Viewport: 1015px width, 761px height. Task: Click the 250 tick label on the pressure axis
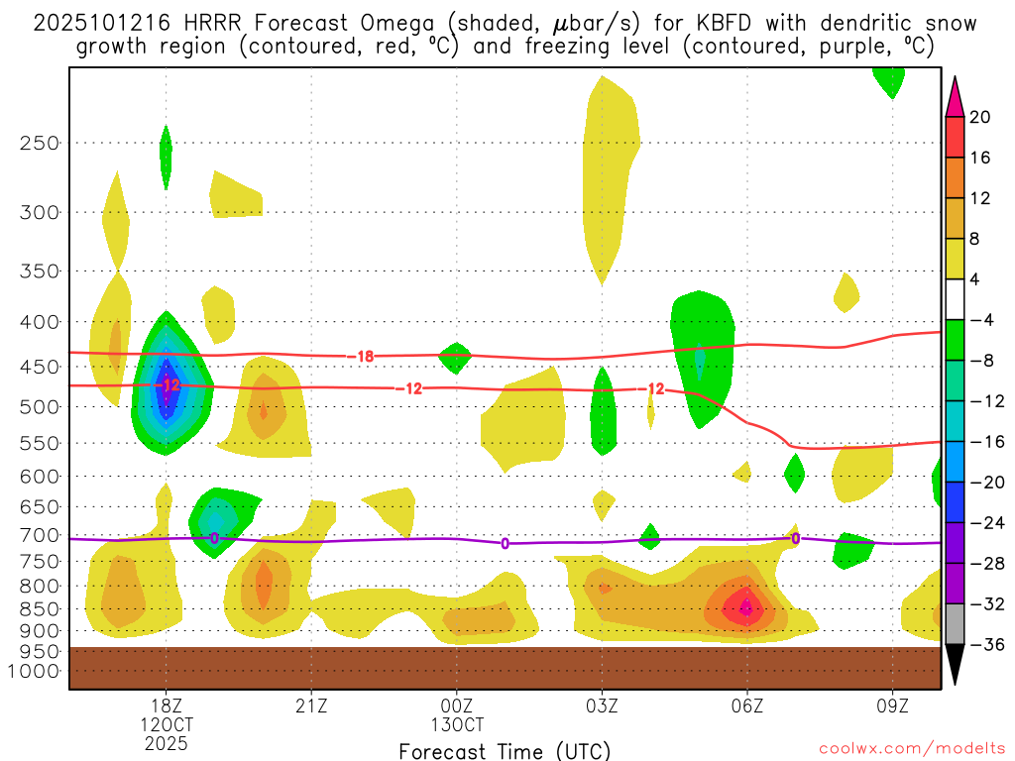coord(40,143)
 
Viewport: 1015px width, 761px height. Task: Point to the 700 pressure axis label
coord(40,535)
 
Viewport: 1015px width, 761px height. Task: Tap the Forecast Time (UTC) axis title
coord(505,750)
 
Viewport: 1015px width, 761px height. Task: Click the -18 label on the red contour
coord(365,356)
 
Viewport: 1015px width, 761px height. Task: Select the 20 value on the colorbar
coord(980,117)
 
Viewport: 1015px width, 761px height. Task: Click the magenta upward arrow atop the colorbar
coord(956,96)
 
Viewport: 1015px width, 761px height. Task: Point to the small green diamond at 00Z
coord(455,357)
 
